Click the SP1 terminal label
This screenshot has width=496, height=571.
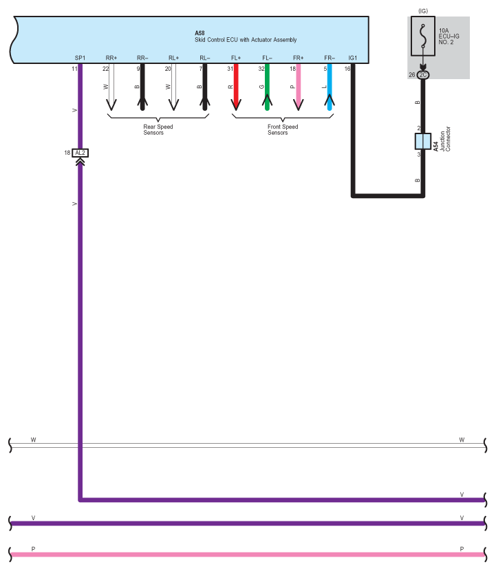pos(80,58)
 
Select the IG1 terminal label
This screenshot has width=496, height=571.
pos(353,58)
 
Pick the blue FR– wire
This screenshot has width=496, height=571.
pos(330,89)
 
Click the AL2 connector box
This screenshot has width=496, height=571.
pos(80,153)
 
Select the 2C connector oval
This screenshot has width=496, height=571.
pos(422,75)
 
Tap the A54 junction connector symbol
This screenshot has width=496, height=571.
pos(422,141)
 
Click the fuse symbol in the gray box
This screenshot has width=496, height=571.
pos(422,36)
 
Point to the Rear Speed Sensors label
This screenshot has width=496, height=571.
pos(158,129)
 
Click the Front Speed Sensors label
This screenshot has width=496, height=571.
pos(283,129)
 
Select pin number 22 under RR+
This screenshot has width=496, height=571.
pos(105,69)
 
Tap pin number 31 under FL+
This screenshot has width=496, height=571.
pos(230,69)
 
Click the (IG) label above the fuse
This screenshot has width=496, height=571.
pos(422,10)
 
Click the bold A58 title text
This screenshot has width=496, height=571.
pos(200,33)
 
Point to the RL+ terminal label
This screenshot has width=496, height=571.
pos(173,58)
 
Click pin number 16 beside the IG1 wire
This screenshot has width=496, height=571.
pos(347,69)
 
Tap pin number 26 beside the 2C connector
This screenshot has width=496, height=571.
pos(411,75)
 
